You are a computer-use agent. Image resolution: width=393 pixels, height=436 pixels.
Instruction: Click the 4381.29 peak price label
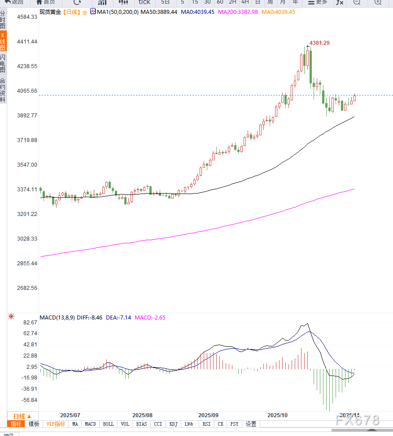click(x=319, y=43)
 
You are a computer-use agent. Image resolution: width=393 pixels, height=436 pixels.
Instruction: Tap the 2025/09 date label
click(x=208, y=415)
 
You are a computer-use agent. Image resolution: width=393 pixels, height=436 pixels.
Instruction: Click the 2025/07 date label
click(x=70, y=415)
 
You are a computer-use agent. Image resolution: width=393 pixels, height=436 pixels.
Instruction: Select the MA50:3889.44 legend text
click(x=159, y=12)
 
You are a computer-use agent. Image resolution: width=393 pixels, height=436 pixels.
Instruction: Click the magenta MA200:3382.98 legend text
click(x=238, y=12)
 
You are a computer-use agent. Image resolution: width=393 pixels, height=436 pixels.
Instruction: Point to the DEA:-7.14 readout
click(x=118, y=318)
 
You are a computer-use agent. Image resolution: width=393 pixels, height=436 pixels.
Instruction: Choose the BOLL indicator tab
click(x=108, y=424)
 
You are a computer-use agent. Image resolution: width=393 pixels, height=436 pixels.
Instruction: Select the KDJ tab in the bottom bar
click(x=174, y=424)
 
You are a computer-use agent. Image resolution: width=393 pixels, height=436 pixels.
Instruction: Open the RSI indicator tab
click(x=206, y=424)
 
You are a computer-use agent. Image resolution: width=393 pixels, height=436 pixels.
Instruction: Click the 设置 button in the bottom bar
click(x=251, y=424)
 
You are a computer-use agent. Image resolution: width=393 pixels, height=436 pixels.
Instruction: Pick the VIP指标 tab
click(x=56, y=424)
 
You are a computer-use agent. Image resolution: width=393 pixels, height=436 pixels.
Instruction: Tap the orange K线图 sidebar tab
click(x=3, y=41)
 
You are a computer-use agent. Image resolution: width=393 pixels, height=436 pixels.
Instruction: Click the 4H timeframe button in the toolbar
click(x=245, y=2)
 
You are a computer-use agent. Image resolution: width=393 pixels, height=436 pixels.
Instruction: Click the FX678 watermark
click(x=357, y=420)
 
